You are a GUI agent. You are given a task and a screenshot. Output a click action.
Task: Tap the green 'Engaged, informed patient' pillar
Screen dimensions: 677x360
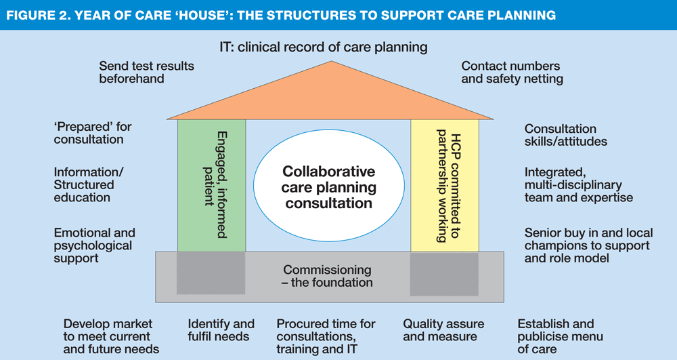pos(211,185)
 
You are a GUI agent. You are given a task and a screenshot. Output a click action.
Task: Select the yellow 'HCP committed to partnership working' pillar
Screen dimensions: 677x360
pos(445,185)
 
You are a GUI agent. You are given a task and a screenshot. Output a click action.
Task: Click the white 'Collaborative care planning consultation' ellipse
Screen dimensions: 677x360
pos(329,185)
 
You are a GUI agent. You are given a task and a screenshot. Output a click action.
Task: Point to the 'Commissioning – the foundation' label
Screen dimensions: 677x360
pos(327,276)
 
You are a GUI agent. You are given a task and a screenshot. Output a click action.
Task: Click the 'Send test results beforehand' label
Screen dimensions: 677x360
pos(146,72)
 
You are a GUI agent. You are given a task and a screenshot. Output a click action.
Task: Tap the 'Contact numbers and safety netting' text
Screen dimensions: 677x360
pos(512,72)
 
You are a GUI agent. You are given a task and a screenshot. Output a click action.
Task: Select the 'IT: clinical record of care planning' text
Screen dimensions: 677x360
pos(324,47)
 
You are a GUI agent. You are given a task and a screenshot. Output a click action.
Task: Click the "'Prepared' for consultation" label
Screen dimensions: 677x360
pos(92,133)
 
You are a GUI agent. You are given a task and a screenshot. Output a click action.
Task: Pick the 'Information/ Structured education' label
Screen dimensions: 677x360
pos(89,184)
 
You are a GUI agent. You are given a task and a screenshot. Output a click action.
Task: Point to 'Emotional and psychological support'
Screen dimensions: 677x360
pos(95,245)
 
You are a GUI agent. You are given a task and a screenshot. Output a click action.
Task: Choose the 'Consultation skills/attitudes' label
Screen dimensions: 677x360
pos(565,135)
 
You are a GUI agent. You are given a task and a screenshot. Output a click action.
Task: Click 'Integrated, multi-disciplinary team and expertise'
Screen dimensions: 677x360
pos(579,184)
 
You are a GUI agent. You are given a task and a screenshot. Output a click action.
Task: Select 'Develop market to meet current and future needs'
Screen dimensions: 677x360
pos(111,336)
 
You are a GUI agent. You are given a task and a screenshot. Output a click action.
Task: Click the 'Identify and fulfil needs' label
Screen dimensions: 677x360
pos(221,330)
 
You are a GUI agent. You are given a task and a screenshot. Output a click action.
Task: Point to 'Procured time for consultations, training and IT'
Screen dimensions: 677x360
pos(326,336)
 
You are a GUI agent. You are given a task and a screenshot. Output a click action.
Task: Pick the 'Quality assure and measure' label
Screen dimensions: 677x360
pos(443,330)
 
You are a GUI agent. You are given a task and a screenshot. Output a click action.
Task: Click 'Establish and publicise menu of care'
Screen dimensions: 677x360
pos(560,336)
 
